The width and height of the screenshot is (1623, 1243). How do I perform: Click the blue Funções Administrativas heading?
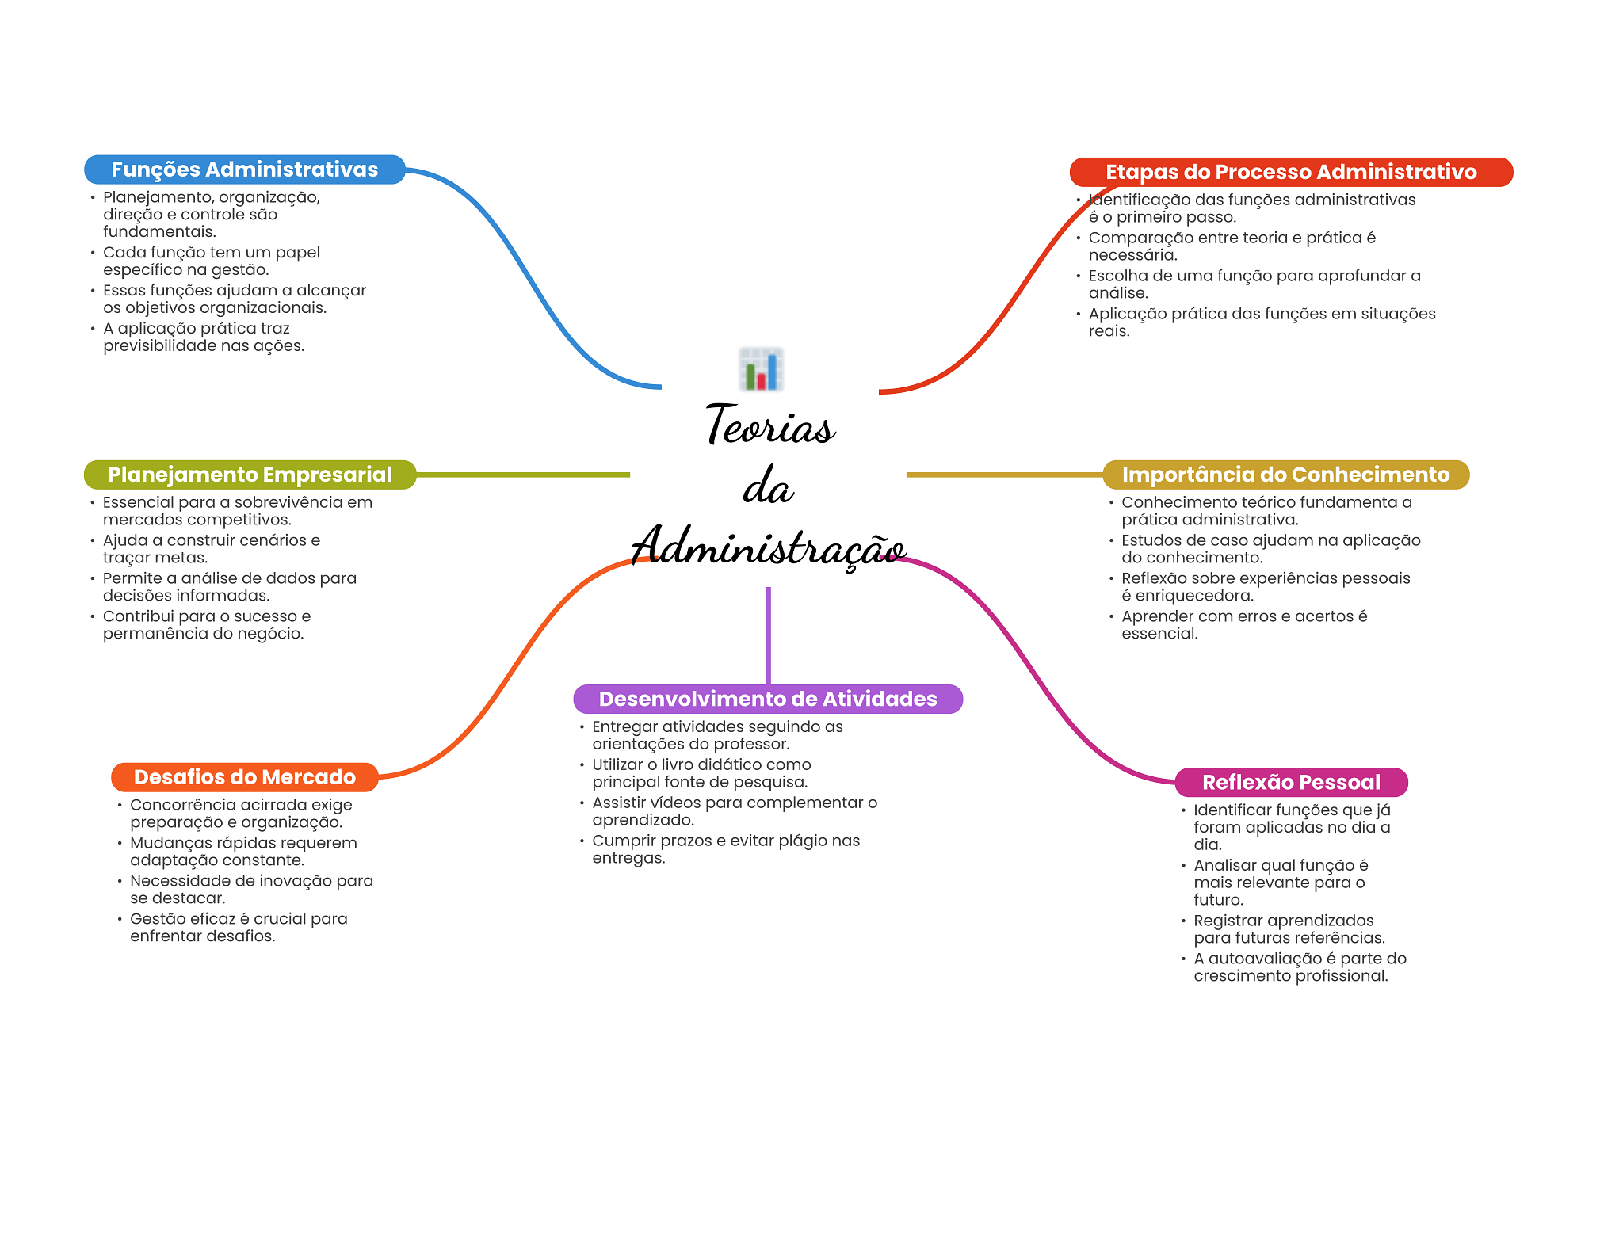coord(244,170)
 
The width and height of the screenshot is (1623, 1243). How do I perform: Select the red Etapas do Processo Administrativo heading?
coord(1290,172)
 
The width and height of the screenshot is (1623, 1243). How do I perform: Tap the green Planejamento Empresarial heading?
coord(250,475)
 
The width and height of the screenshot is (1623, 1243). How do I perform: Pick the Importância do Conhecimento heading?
coord(1285,475)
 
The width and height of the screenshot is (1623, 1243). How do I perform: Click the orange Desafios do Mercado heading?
coord(244,777)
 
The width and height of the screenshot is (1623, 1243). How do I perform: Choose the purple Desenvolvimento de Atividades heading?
coord(767,699)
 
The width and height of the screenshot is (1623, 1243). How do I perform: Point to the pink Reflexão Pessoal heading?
coord(1291,782)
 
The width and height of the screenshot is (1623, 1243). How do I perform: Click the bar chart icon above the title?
coord(761,369)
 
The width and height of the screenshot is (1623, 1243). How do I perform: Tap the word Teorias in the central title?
coord(769,426)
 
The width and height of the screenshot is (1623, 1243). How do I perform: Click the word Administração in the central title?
coord(768,547)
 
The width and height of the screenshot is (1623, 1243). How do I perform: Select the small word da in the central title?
coord(768,486)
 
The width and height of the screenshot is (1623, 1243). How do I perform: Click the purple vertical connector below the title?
coord(768,634)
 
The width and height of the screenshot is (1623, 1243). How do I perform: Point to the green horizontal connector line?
coord(523,475)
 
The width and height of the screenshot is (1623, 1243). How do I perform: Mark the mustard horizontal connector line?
coord(1004,475)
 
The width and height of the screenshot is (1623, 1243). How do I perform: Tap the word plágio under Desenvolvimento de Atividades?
coord(800,841)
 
